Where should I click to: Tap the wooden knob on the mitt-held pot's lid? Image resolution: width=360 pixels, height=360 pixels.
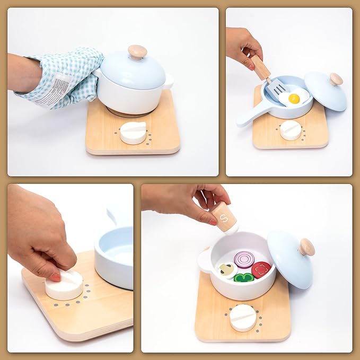coord(137,51)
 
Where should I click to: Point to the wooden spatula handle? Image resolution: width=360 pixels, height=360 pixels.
coord(261,67)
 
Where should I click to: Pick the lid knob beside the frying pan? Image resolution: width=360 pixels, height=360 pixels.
coord(336,79)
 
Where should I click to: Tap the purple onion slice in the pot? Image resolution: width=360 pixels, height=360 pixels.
coord(244,259)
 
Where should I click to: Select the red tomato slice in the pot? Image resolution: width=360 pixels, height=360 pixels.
coord(260,269)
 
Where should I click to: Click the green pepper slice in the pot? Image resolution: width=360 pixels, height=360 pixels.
coord(243,277)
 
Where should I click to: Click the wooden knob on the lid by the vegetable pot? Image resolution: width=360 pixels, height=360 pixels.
coord(306,247)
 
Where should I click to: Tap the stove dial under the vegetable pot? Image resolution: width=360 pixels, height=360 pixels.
coord(243,317)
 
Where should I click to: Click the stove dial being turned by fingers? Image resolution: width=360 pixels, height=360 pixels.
coord(64,285)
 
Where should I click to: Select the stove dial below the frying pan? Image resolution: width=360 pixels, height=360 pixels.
coord(290,130)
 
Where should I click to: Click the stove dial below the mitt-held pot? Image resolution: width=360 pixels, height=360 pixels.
coord(133,133)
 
